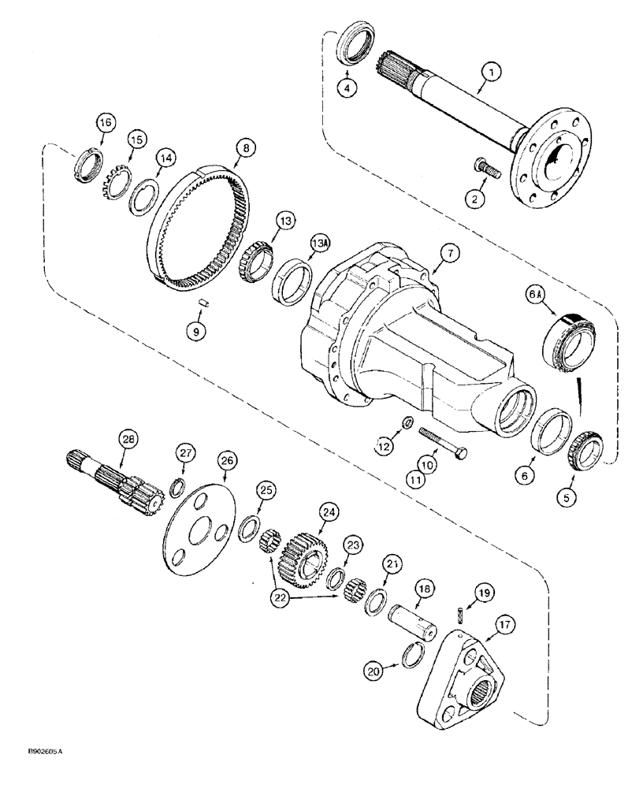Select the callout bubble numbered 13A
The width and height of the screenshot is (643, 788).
pos(320,241)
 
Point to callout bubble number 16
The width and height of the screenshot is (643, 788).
pos(105,123)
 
